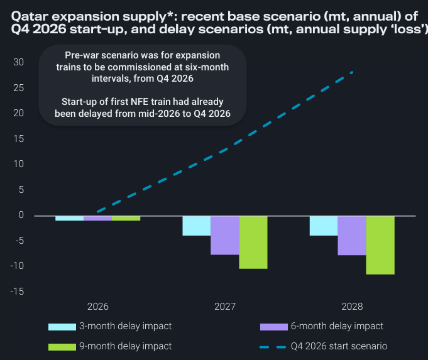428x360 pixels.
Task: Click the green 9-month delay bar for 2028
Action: pos(380,245)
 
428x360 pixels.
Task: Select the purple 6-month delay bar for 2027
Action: pos(224,235)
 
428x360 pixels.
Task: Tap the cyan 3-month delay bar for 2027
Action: pos(196,226)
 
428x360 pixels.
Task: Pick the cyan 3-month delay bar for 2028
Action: pos(323,226)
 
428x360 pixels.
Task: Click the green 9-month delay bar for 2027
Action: pos(253,242)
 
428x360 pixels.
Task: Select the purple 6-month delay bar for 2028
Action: pos(351,236)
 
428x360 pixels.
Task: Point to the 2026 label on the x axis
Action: pos(97,307)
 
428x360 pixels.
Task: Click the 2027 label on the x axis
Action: pos(224,307)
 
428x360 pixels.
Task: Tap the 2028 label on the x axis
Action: pos(351,307)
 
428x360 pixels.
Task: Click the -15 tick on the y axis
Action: pos(17,292)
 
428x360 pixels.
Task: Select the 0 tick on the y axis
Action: pos(21,215)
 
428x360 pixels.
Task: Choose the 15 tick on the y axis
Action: pos(19,139)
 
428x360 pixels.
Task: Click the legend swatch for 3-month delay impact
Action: pos(62,327)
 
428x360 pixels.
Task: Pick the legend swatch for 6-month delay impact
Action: pos(273,327)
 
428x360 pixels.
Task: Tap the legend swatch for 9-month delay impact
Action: pos(62,346)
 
